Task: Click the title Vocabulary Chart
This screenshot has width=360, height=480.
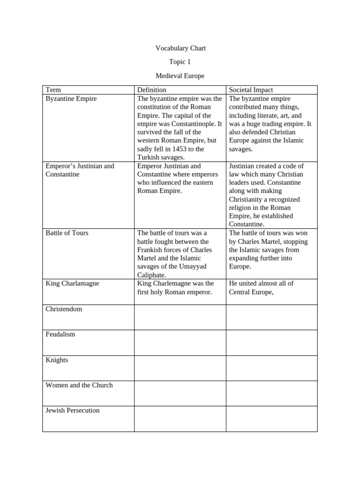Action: (180, 48)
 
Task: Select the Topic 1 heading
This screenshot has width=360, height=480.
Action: (180, 62)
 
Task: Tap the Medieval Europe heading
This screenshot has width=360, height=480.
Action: (180, 75)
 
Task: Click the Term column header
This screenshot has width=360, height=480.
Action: (53, 90)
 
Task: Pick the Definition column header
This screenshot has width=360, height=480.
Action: (151, 90)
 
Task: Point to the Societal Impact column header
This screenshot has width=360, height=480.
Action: (251, 90)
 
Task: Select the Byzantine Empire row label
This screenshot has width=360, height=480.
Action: (71, 99)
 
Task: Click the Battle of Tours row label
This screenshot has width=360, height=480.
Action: (67, 233)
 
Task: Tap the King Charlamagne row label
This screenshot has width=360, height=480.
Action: (72, 284)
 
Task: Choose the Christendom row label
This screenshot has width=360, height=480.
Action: (64, 309)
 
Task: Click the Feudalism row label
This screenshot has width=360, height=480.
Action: (60, 335)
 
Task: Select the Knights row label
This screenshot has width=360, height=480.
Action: (57, 360)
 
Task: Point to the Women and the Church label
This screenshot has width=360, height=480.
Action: (79, 385)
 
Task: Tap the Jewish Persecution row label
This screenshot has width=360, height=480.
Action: (73, 411)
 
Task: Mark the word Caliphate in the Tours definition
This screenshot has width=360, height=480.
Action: (151, 275)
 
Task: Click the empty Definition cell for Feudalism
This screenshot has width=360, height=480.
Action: (180, 343)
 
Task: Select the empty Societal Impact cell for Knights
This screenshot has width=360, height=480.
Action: (272, 368)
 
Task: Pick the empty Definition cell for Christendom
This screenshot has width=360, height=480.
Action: (180, 317)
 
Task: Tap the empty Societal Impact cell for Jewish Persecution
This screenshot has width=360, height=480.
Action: (272, 419)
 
